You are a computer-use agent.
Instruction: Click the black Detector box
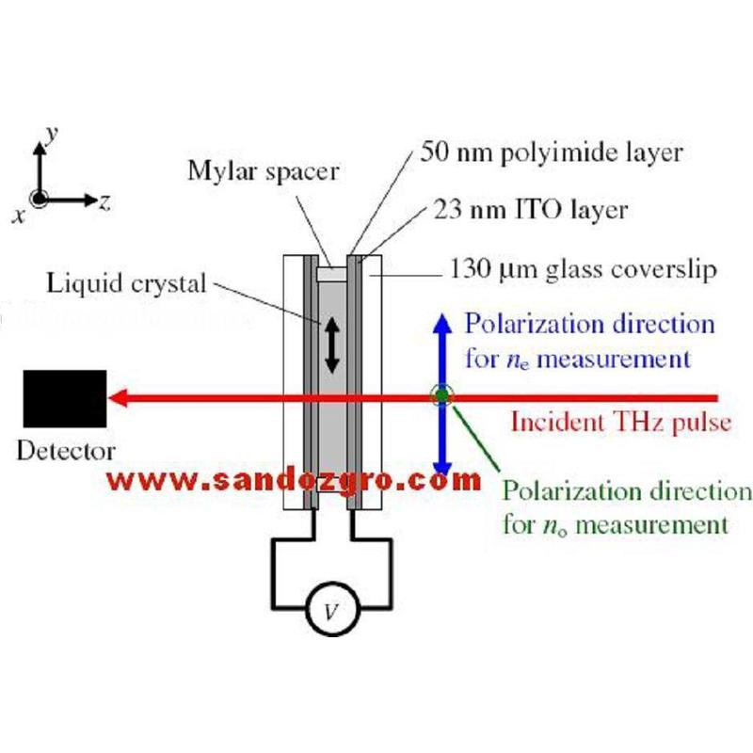(x=65, y=399)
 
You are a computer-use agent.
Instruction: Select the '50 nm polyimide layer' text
(x=552, y=151)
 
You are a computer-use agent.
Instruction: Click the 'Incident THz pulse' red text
(x=619, y=422)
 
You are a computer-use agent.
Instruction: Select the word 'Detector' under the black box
(x=66, y=450)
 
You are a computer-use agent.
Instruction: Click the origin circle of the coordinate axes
(x=40, y=199)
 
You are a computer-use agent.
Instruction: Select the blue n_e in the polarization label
(x=520, y=360)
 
